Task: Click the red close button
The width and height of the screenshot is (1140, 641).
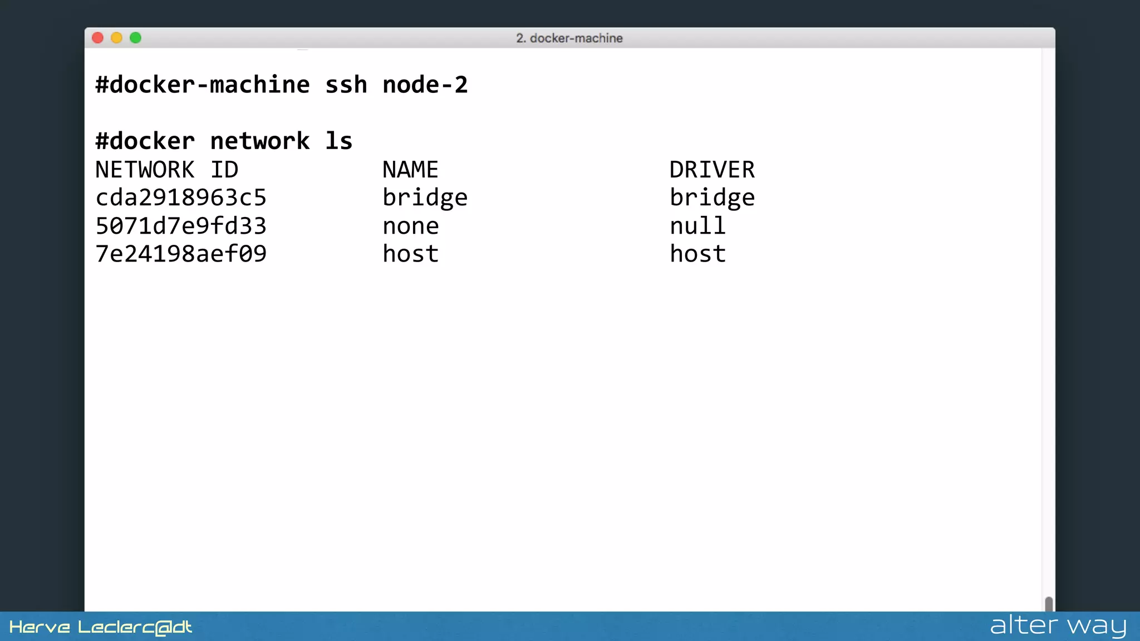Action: pyautogui.click(x=98, y=38)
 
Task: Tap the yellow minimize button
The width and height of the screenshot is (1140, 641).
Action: pyautogui.click(x=116, y=38)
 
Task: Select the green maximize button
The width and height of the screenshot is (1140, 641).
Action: pyautogui.click(x=135, y=38)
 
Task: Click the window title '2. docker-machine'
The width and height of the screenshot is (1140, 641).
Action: pyautogui.click(x=569, y=38)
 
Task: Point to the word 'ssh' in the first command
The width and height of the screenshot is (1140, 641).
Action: pyautogui.click(x=346, y=85)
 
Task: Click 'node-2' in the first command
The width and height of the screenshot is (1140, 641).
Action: pyautogui.click(x=425, y=85)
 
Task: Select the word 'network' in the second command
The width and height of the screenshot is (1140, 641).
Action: pyautogui.click(x=259, y=141)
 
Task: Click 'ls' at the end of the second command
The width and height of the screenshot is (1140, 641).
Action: pyautogui.click(x=338, y=141)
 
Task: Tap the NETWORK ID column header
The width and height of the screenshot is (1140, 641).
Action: pyautogui.click(x=166, y=170)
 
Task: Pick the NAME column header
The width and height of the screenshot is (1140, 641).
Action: pyautogui.click(x=410, y=170)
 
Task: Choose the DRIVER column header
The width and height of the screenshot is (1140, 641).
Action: pyautogui.click(x=712, y=170)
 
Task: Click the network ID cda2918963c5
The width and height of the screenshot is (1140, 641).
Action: pyautogui.click(x=181, y=198)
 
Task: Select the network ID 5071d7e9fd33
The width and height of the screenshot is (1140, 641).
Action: pyautogui.click(x=181, y=226)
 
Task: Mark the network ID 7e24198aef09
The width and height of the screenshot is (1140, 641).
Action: pyautogui.click(x=181, y=254)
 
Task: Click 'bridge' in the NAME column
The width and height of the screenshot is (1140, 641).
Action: pyautogui.click(x=425, y=198)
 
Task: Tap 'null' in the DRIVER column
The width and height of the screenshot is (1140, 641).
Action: pyautogui.click(x=697, y=226)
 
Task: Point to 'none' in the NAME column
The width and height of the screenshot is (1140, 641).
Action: pyautogui.click(x=410, y=226)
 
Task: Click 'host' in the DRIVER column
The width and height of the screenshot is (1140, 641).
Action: pyautogui.click(x=697, y=254)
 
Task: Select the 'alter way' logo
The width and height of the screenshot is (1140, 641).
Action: pyautogui.click(x=1058, y=626)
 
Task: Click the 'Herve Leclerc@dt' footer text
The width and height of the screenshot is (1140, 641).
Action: pyautogui.click(x=101, y=628)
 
